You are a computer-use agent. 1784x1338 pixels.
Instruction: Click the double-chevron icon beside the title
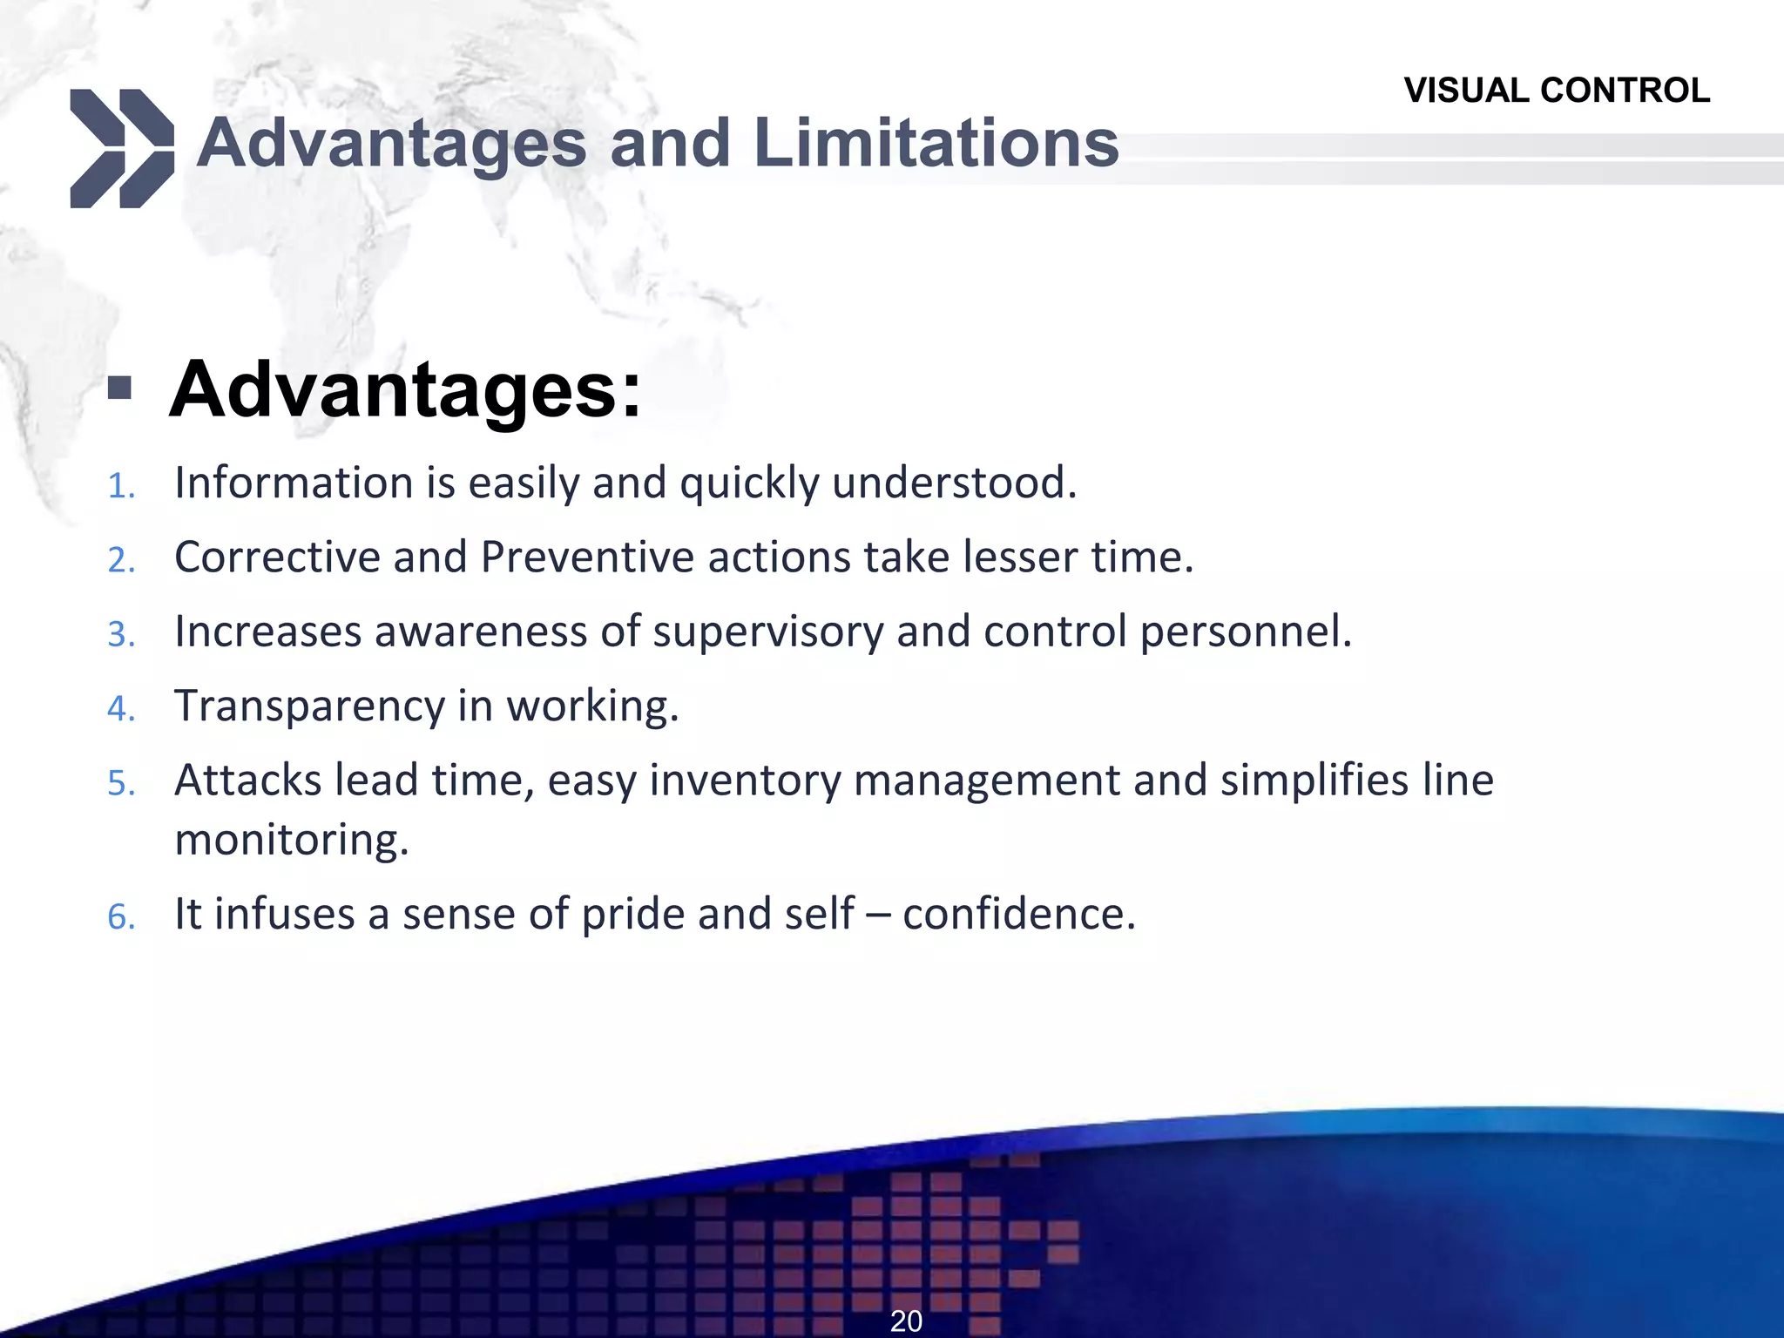(121, 148)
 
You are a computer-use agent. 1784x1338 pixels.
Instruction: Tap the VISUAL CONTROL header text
(1557, 91)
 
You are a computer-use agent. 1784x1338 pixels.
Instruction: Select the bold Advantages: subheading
(405, 389)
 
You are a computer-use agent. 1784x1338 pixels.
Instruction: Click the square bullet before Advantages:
(120, 389)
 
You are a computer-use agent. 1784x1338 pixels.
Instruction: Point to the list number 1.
(121, 486)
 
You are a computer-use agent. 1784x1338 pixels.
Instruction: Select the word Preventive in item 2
(587, 557)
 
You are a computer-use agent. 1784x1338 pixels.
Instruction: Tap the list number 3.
(121, 634)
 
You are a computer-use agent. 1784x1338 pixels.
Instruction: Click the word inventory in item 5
(745, 780)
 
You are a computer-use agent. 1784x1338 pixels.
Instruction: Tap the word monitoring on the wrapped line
(291, 841)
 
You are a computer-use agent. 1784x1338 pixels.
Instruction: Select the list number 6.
(121, 917)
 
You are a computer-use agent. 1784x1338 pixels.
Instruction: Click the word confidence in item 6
(1018, 915)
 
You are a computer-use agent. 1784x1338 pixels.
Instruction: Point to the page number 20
(906, 1321)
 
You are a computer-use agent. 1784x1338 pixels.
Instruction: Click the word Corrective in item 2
(277, 557)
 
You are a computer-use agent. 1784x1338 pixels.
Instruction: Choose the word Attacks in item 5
(247, 780)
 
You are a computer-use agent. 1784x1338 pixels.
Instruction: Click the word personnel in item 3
(1245, 632)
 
